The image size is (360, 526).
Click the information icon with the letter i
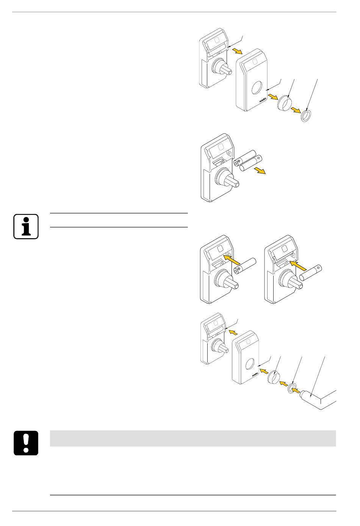(26, 226)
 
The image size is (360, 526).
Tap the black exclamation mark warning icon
(26, 443)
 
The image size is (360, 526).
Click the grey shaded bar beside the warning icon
(193, 438)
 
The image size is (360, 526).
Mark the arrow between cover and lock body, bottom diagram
(233, 332)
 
